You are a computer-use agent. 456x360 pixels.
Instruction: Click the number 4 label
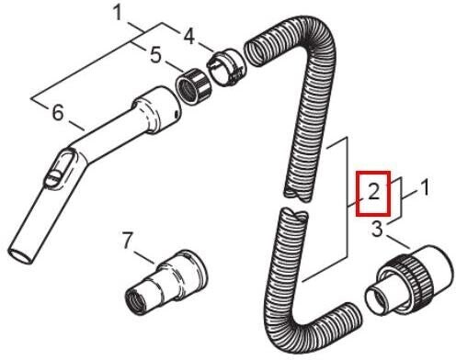tap(189, 37)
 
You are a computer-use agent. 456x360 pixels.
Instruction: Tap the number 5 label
tap(155, 56)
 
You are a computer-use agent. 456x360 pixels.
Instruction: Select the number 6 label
tap(58, 113)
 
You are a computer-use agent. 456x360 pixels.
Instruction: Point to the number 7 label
tap(128, 241)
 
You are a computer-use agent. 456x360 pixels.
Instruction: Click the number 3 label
tap(377, 229)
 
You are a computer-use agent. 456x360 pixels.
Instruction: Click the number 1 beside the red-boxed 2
tap(424, 187)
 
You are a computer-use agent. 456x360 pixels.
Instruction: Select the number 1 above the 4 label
tap(118, 14)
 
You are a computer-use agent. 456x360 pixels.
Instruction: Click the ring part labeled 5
tap(193, 87)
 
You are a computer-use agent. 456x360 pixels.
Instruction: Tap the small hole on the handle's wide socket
tap(176, 115)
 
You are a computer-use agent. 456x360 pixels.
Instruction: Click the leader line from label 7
tap(143, 257)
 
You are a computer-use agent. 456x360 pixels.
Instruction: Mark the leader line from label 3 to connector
tap(397, 242)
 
